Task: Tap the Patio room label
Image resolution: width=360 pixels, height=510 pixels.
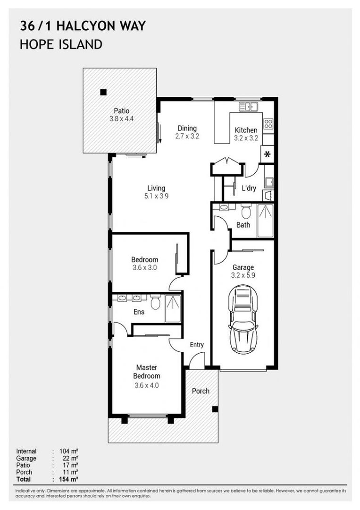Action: point(121,111)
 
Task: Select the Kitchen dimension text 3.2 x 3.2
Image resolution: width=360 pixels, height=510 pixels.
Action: point(246,139)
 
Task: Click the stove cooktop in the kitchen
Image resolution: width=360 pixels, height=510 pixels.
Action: point(268,124)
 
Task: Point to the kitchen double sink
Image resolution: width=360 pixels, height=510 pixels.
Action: point(248,107)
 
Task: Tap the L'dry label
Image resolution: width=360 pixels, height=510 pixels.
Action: point(249,188)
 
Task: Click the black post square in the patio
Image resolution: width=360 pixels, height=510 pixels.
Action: point(103,92)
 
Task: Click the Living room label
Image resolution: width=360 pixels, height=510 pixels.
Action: point(156,188)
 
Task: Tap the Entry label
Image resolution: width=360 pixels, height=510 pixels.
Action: point(197,345)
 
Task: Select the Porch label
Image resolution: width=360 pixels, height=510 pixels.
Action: point(201,391)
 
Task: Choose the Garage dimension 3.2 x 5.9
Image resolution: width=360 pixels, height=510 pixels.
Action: point(243,276)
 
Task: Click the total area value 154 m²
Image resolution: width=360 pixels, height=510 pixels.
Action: point(69,479)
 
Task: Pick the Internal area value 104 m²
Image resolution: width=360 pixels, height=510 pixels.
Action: point(69,451)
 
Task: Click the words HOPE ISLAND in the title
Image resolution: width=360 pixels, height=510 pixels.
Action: point(61,45)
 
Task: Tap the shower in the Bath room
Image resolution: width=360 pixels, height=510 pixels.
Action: point(265,221)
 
